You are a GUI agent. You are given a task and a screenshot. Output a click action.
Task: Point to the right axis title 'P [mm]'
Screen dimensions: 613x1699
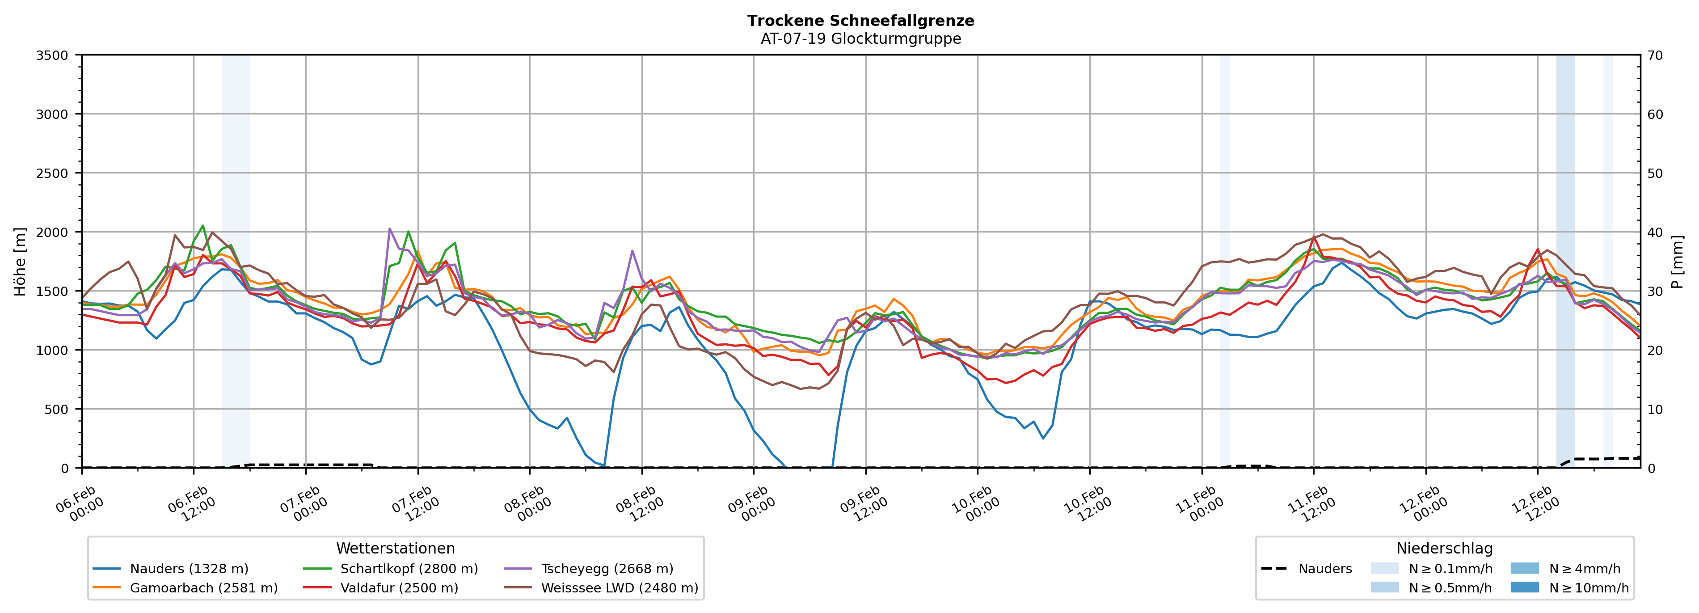coord(1677,261)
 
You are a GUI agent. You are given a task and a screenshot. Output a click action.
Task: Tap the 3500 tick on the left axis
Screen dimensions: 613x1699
coord(52,55)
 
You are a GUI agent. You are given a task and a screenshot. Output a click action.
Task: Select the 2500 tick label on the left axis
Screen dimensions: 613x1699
coord(52,173)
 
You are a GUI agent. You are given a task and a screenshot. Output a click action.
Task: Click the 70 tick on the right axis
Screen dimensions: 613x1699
coord(1655,55)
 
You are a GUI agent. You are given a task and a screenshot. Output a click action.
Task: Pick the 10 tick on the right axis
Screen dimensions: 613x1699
coord(1655,409)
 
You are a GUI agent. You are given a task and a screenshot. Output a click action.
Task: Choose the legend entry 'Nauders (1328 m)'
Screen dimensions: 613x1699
coord(189,569)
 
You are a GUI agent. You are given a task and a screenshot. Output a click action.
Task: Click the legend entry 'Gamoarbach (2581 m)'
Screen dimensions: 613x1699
coord(203,588)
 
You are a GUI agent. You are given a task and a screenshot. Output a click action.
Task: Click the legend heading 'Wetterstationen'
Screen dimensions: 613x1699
coord(395,548)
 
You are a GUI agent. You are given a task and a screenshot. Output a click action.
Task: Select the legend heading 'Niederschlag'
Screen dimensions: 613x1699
coord(1444,548)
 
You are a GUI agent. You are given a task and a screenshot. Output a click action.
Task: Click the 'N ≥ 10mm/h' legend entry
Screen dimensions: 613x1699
coord(1588,588)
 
